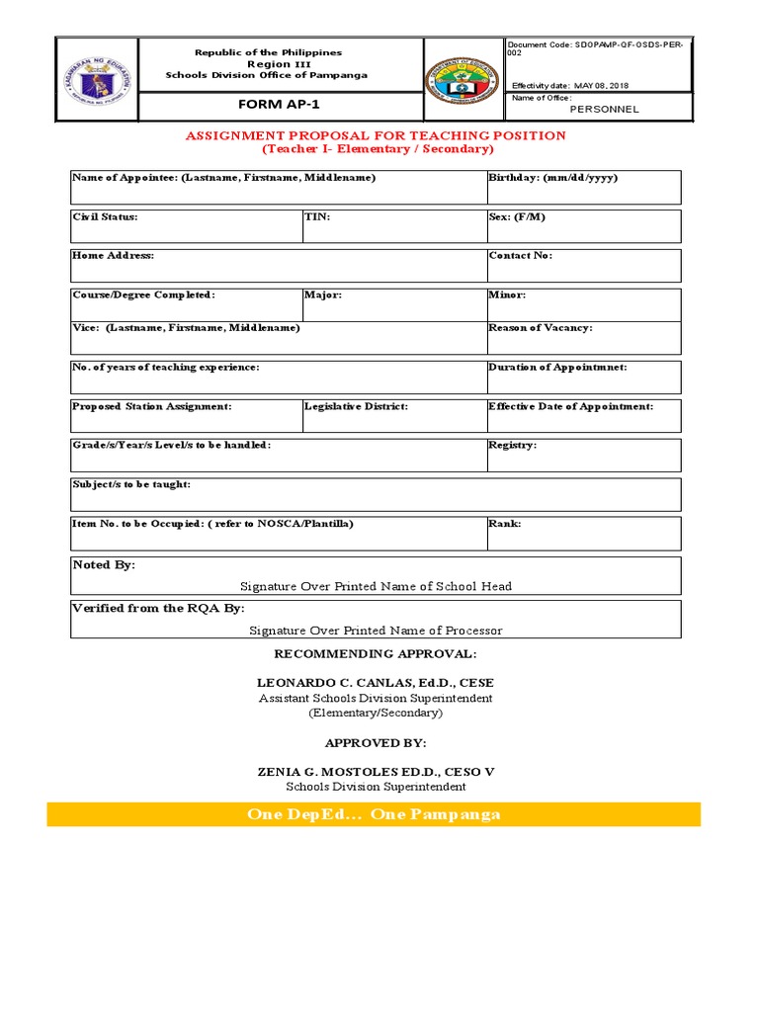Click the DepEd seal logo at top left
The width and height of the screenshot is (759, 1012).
pyautogui.click(x=96, y=79)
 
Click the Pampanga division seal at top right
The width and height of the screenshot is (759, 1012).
pyautogui.click(x=464, y=80)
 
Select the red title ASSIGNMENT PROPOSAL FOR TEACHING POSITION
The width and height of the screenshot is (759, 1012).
pyautogui.click(x=377, y=135)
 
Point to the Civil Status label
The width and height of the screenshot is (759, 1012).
pyautogui.click(x=105, y=215)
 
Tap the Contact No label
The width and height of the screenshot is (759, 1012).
pyautogui.click(x=520, y=255)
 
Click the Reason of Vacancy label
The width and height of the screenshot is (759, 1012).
pyautogui.click(x=540, y=327)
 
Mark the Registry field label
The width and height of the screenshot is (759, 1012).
pyautogui.click(x=512, y=445)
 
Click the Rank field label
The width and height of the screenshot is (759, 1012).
pyautogui.click(x=504, y=523)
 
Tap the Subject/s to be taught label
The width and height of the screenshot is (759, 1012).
pyautogui.click(x=131, y=484)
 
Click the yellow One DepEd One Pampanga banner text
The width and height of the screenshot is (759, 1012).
pyautogui.click(x=374, y=814)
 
